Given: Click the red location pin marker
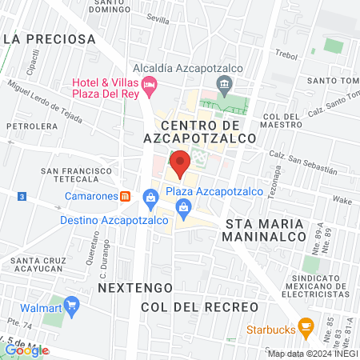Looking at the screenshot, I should coord(180,163).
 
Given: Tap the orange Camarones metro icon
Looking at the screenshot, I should coord(125,196).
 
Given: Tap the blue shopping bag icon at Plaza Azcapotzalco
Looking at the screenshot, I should coord(150,197).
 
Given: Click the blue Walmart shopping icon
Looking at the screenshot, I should coord(71,305).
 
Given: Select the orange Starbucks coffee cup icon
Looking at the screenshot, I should coord(305,326).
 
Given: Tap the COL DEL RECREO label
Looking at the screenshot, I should coord(199,307).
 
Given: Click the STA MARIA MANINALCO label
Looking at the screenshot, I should coord(265,230).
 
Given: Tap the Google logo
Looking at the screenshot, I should coord(26,349).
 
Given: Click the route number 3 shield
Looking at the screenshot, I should coord(21,196).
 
